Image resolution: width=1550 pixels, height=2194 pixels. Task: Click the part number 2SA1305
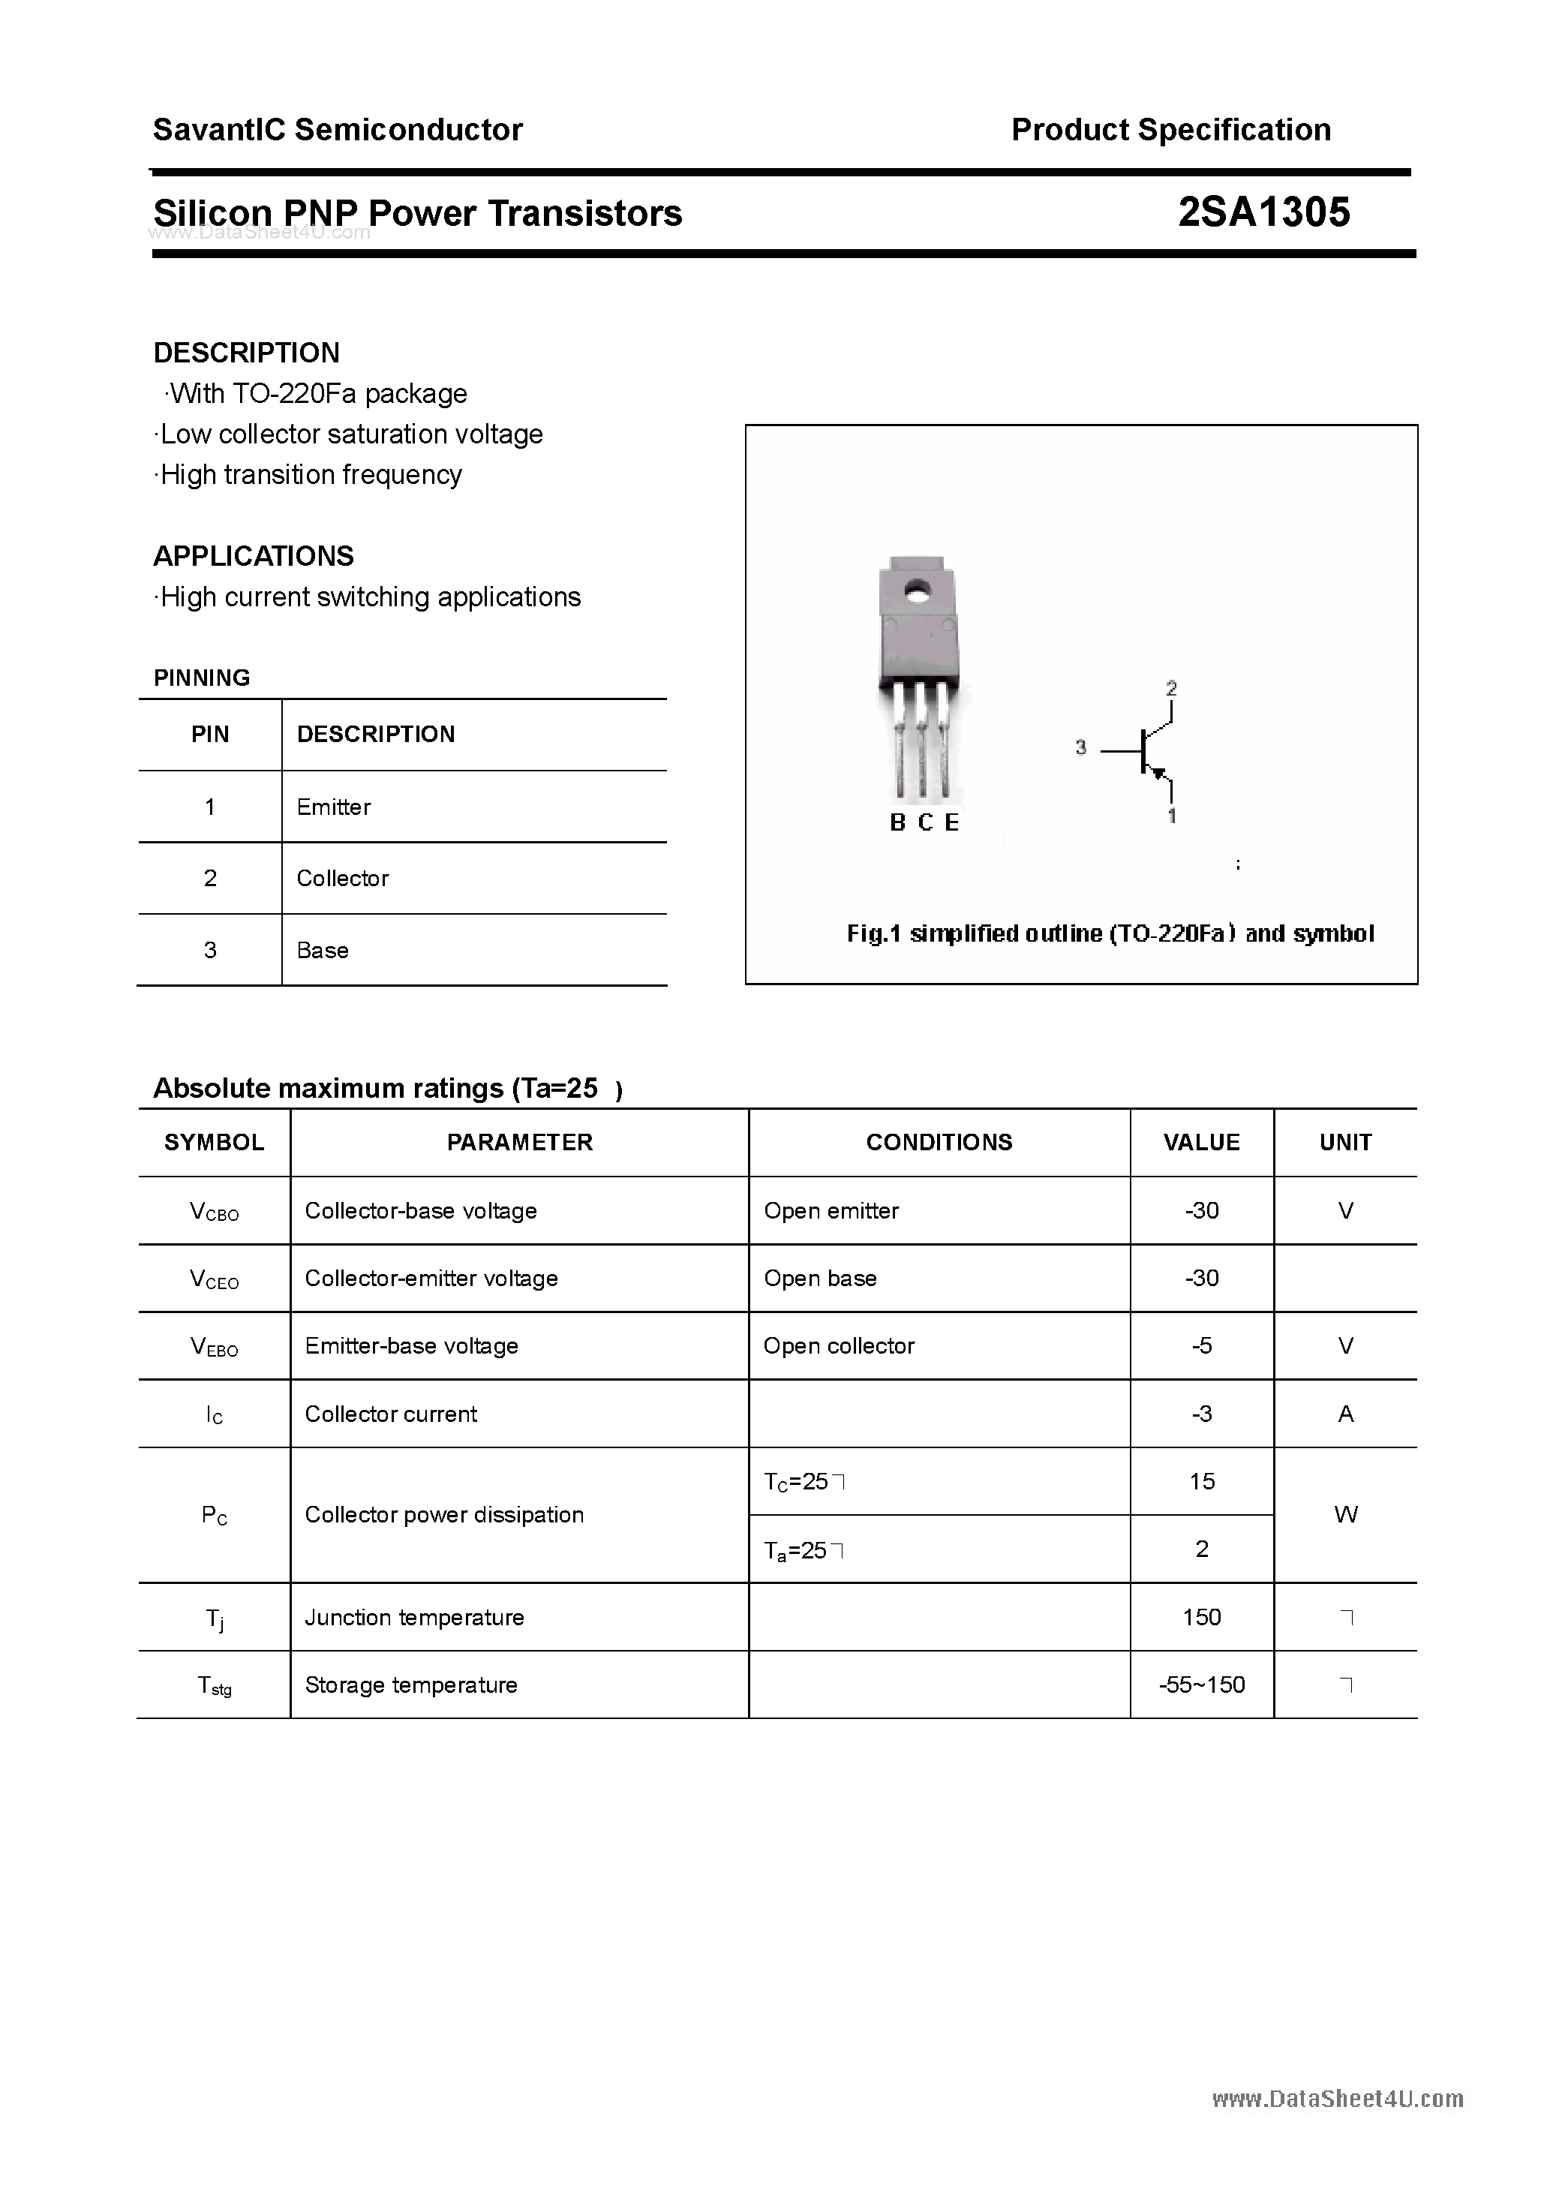1263,212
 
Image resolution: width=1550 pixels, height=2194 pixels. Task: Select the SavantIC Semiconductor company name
338,130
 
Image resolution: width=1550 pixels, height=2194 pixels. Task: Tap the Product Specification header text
1170,130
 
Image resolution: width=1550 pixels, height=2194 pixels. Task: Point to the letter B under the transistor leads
897,822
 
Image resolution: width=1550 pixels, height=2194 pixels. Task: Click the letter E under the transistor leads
952,822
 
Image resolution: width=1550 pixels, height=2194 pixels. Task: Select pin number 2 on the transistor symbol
1172,688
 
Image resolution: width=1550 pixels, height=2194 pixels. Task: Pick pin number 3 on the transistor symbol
1081,747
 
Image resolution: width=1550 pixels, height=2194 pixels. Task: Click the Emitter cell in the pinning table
334,807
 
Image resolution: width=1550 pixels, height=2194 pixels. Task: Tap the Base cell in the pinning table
322,950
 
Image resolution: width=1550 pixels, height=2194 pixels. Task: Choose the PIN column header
210,734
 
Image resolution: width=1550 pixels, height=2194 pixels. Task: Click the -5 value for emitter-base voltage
1201,1345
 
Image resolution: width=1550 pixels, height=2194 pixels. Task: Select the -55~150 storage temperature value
1201,1685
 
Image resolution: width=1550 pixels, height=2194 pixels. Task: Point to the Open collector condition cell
838,1345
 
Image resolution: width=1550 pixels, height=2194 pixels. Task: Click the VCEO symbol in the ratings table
214,1279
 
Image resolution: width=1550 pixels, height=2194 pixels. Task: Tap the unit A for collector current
1345,1414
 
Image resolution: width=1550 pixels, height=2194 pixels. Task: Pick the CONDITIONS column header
939,1142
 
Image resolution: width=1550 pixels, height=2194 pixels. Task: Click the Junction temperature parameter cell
414,1617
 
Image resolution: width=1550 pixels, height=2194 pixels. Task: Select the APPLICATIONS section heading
254,556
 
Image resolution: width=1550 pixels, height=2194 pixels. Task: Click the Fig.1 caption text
1110,933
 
